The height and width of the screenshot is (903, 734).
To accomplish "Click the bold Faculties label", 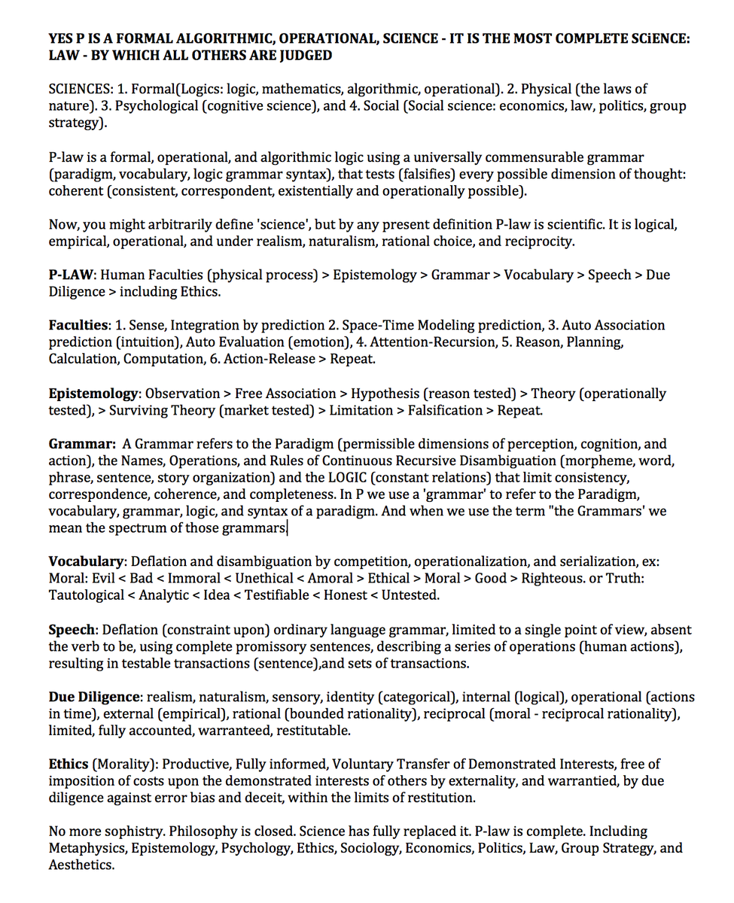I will [x=79, y=325].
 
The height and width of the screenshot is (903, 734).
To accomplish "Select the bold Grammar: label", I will [x=82, y=444].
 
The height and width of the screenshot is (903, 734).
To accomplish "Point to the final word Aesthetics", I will [x=81, y=865].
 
